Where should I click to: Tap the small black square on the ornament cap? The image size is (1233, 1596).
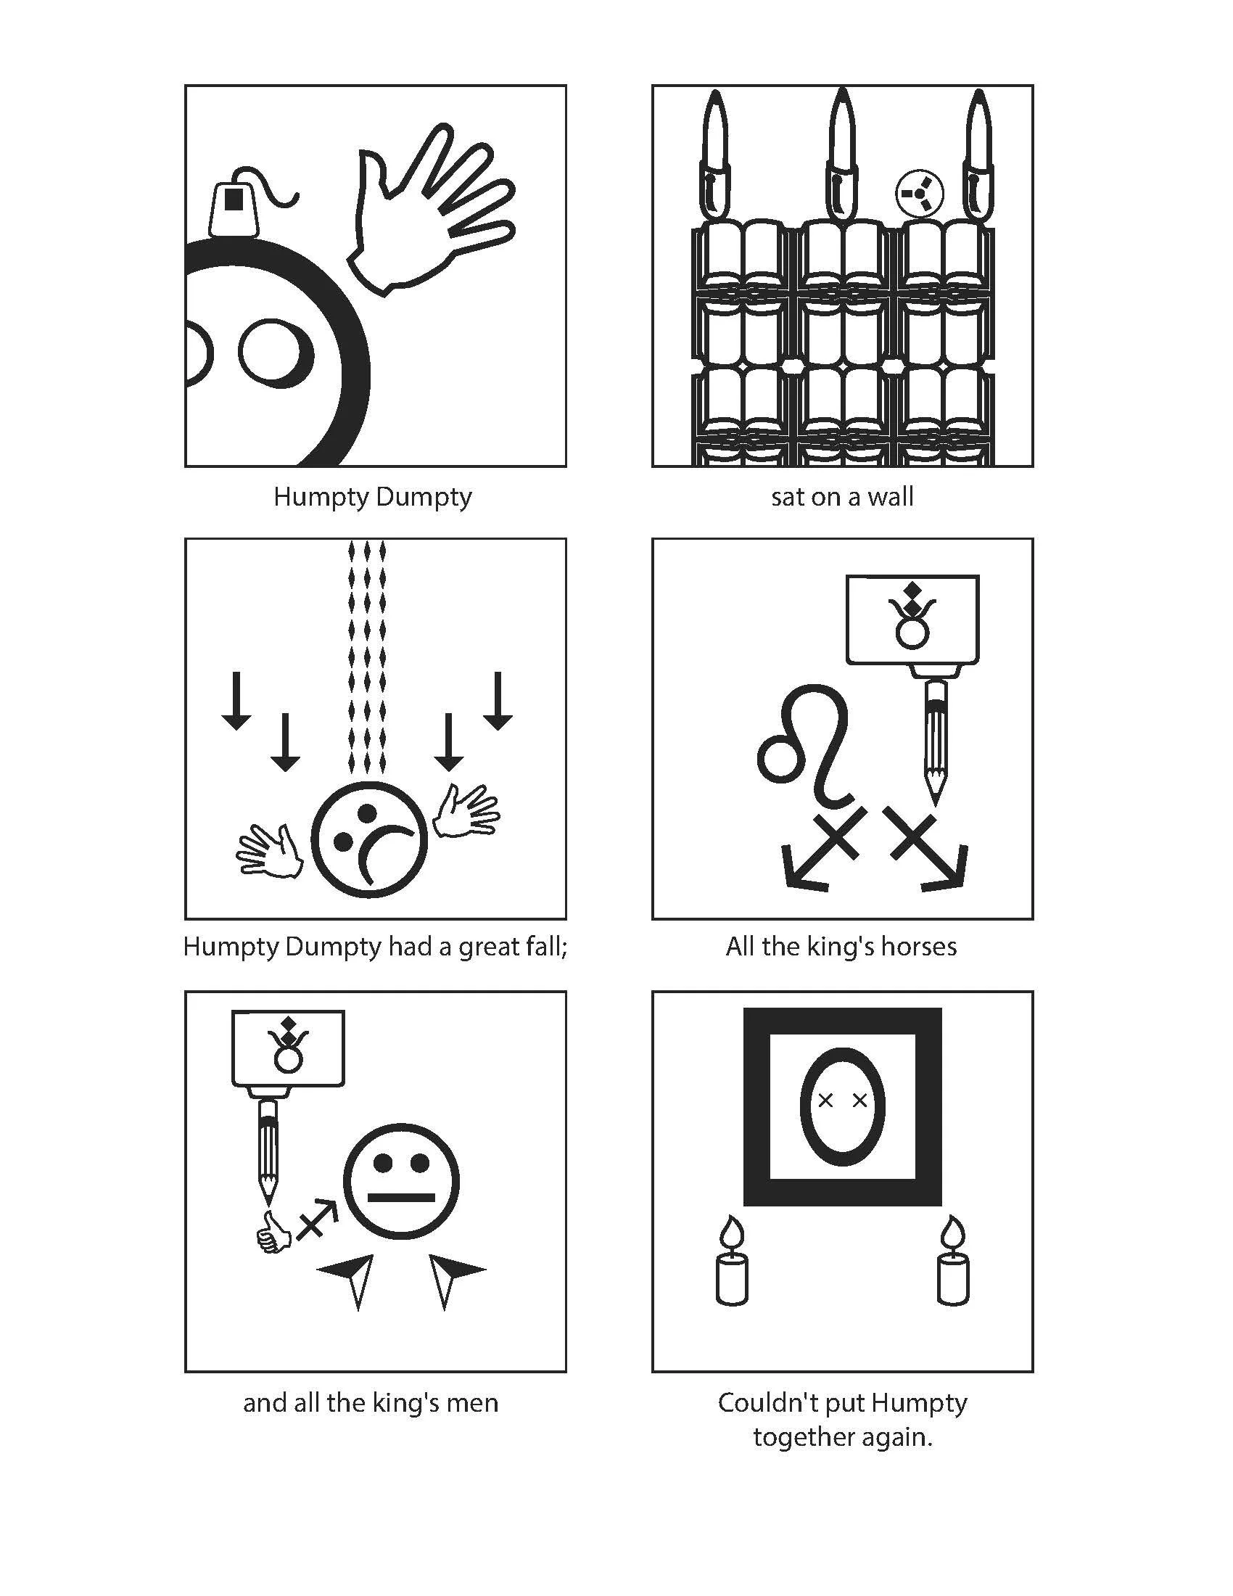coord(233,198)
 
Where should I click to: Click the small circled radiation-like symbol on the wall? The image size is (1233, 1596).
coord(919,194)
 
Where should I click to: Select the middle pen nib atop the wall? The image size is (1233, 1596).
coord(843,154)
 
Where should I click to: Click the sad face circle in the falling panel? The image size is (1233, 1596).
coord(369,839)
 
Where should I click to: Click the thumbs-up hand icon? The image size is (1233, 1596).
coord(273,1235)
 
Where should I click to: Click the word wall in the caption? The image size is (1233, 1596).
coord(890,498)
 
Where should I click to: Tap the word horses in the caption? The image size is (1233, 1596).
coord(918,946)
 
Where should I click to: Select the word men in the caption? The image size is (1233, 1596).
coord(474,1403)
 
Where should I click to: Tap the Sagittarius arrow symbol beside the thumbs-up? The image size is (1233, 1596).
coord(318,1218)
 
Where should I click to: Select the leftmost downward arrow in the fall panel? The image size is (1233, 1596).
coord(235,702)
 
